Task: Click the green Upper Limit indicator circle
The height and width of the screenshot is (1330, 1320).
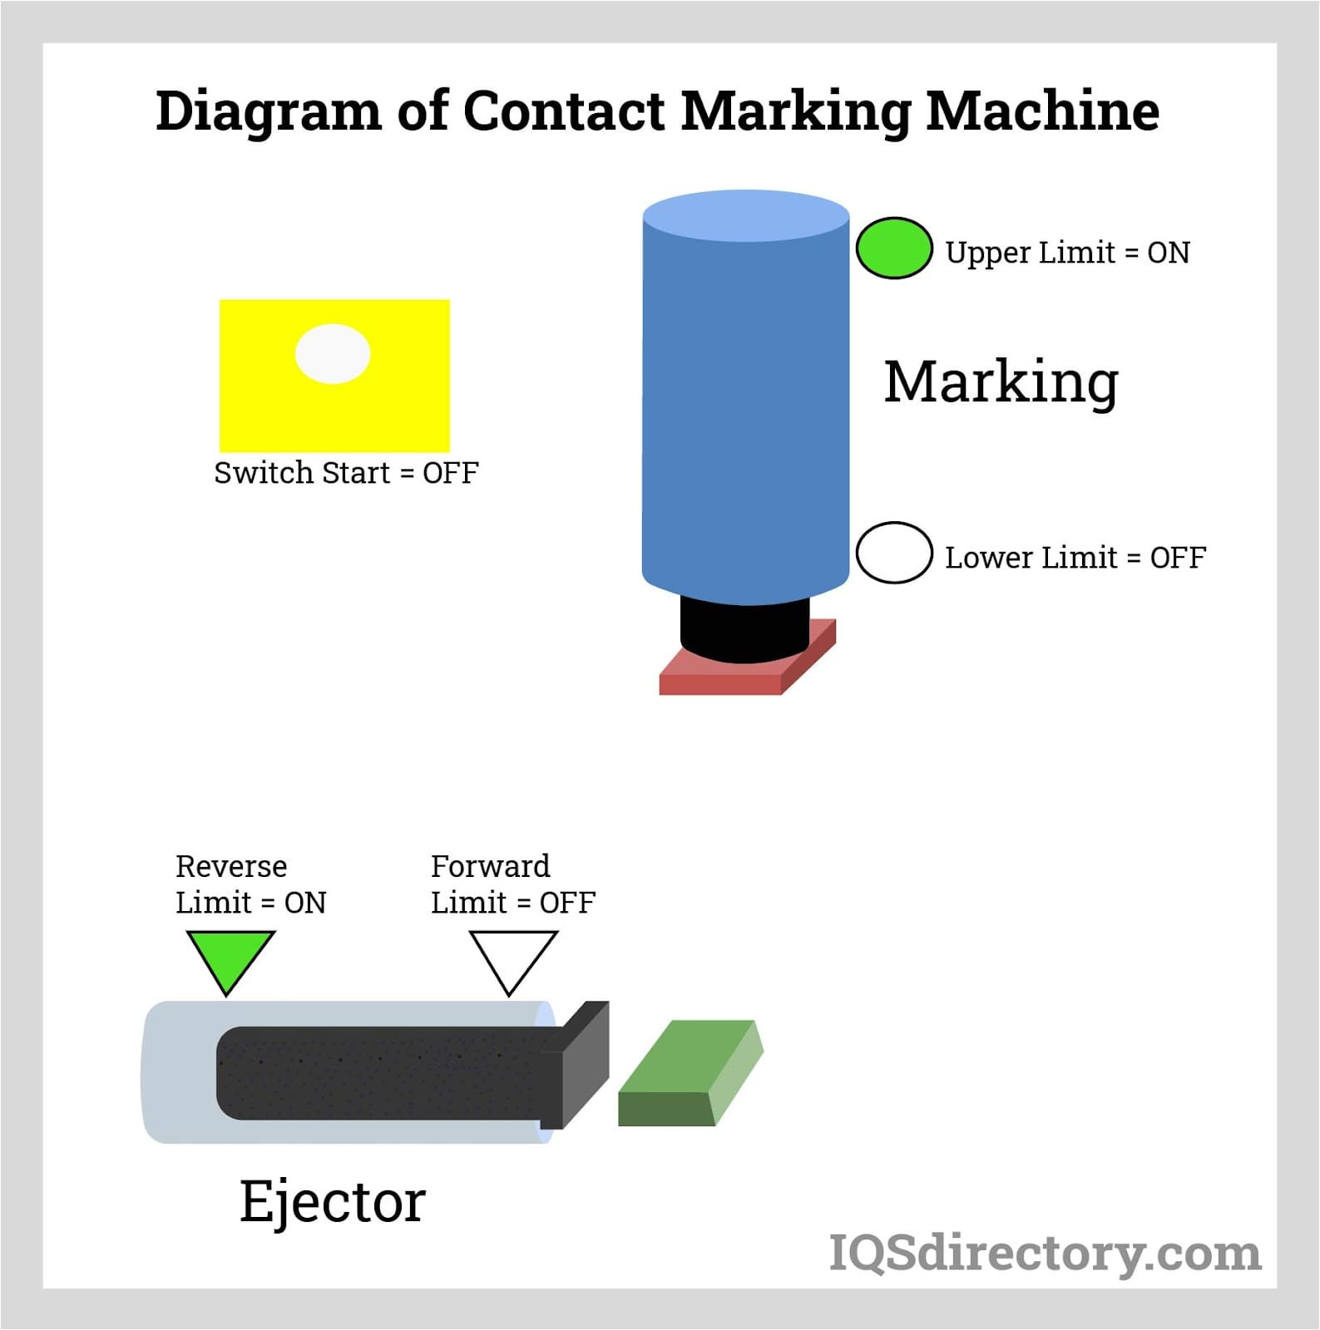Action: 893,248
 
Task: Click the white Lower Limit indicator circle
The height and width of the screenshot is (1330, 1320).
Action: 893,553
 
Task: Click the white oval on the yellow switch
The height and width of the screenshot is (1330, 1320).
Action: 333,354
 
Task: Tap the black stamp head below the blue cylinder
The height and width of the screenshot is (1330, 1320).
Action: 744,630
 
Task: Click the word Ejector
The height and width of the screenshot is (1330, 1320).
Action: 333,1202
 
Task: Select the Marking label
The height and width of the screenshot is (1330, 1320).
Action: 1001,382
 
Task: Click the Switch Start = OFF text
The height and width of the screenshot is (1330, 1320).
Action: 346,473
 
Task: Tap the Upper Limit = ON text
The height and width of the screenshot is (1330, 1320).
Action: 1067,253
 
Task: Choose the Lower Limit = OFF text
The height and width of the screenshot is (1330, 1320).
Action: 1075,558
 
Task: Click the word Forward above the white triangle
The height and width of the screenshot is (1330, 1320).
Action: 490,867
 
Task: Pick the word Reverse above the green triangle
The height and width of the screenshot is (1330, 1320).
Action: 231,867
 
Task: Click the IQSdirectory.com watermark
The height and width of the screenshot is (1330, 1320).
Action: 1045,1254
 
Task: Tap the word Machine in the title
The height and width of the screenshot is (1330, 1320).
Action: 1042,111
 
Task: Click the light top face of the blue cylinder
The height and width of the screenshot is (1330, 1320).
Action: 746,215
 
